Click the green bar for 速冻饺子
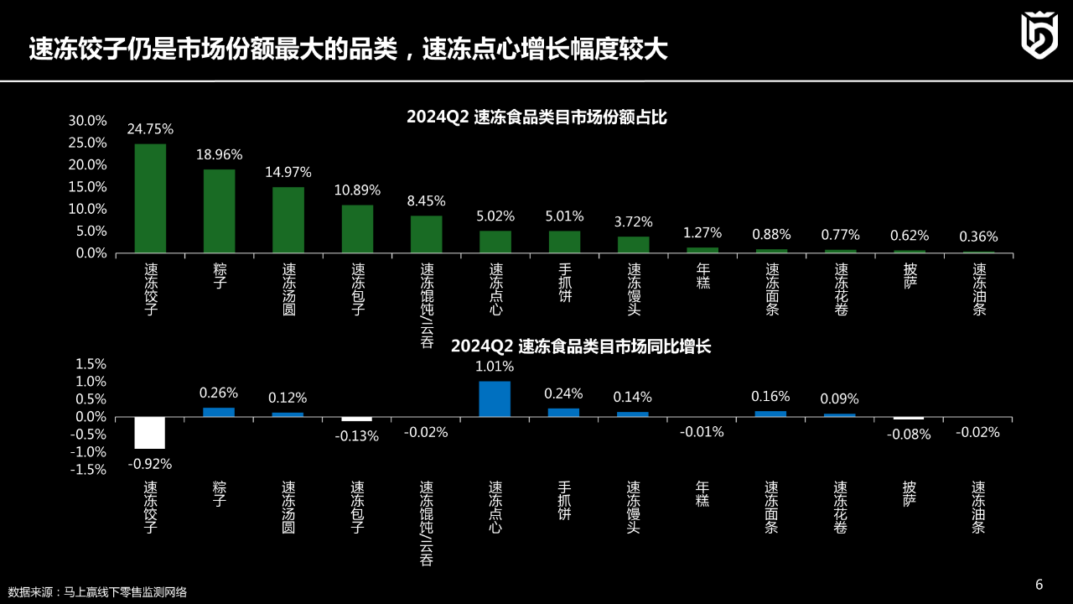pyautogui.click(x=150, y=198)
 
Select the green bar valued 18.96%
pyautogui.click(x=219, y=211)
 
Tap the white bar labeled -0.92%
pyautogui.click(x=150, y=433)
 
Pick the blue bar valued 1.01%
pyautogui.click(x=495, y=399)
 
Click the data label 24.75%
pyautogui.click(x=150, y=129)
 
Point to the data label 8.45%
pyautogui.click(x=426, y=201)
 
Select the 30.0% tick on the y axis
pyautogui.click(x=87, y=121)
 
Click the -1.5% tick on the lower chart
pyautogui.click(x=87, y=470)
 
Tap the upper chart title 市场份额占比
pyautogui.click(x=536, y=118)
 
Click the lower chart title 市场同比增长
pyautogui.click(x=581, y=346)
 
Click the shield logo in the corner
pyautogui.click(x=1039, y=35)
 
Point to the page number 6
pyautogui.click(x=1039, y=585)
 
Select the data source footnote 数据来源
pyautogui.click(x=97, y=592)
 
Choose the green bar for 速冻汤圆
pyautogui.click(x=288, y=219)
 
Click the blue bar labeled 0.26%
pyautogui.click(x=219, y=412)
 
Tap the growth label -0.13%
pyautogui.click(x=357, y=436)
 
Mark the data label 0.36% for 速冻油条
pyautogui.click(x=978, y=237)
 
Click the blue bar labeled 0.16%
pyautogui.click(x=770, y=414)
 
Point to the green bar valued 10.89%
pyautogui.click(x=357, y=228)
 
